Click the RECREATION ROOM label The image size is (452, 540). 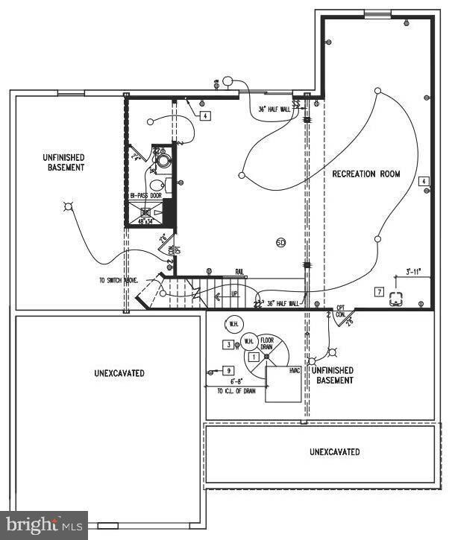coord(366,174)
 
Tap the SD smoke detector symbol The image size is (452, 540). coord(281,243)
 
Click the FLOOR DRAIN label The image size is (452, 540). coord(267,343)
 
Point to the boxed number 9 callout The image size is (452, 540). coord(228,370)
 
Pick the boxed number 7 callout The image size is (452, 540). coord(379,291)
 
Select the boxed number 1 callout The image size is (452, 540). coord(253,358)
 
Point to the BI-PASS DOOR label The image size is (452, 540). coord(146,197)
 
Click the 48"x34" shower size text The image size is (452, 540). coord(146,220)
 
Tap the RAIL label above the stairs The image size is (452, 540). coord(240,272)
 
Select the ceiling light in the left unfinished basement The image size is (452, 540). coord(69,206)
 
